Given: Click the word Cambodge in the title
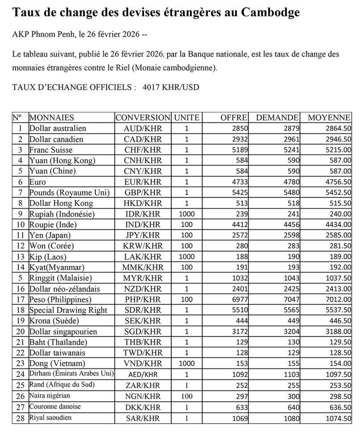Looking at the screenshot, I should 271,12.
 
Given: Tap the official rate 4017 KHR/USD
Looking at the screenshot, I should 171,87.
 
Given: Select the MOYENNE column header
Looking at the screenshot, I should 329,118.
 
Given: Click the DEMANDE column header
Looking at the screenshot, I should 277,118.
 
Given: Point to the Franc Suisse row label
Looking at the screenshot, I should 50,150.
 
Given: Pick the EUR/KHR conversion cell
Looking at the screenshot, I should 142,182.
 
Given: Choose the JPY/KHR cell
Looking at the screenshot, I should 142,235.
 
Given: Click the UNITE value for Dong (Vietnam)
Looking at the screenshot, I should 186,363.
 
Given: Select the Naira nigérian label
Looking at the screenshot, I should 50,396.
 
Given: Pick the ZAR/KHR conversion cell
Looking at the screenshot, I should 142,385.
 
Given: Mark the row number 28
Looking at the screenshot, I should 20,418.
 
